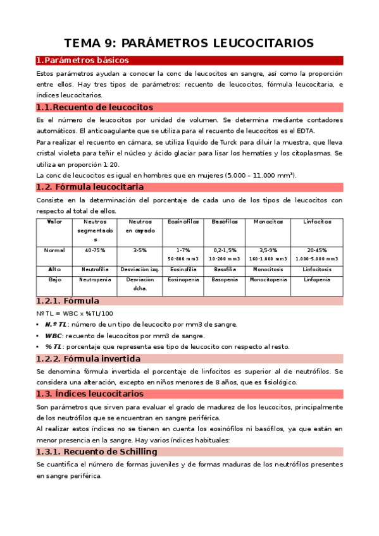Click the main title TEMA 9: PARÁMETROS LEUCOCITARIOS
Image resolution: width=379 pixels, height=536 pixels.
point(189,43)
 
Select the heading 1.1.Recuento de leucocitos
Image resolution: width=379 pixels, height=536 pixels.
point(95,107)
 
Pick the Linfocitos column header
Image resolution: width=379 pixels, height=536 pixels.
point(317,222)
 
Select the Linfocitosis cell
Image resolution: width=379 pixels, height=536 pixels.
point(317,269)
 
